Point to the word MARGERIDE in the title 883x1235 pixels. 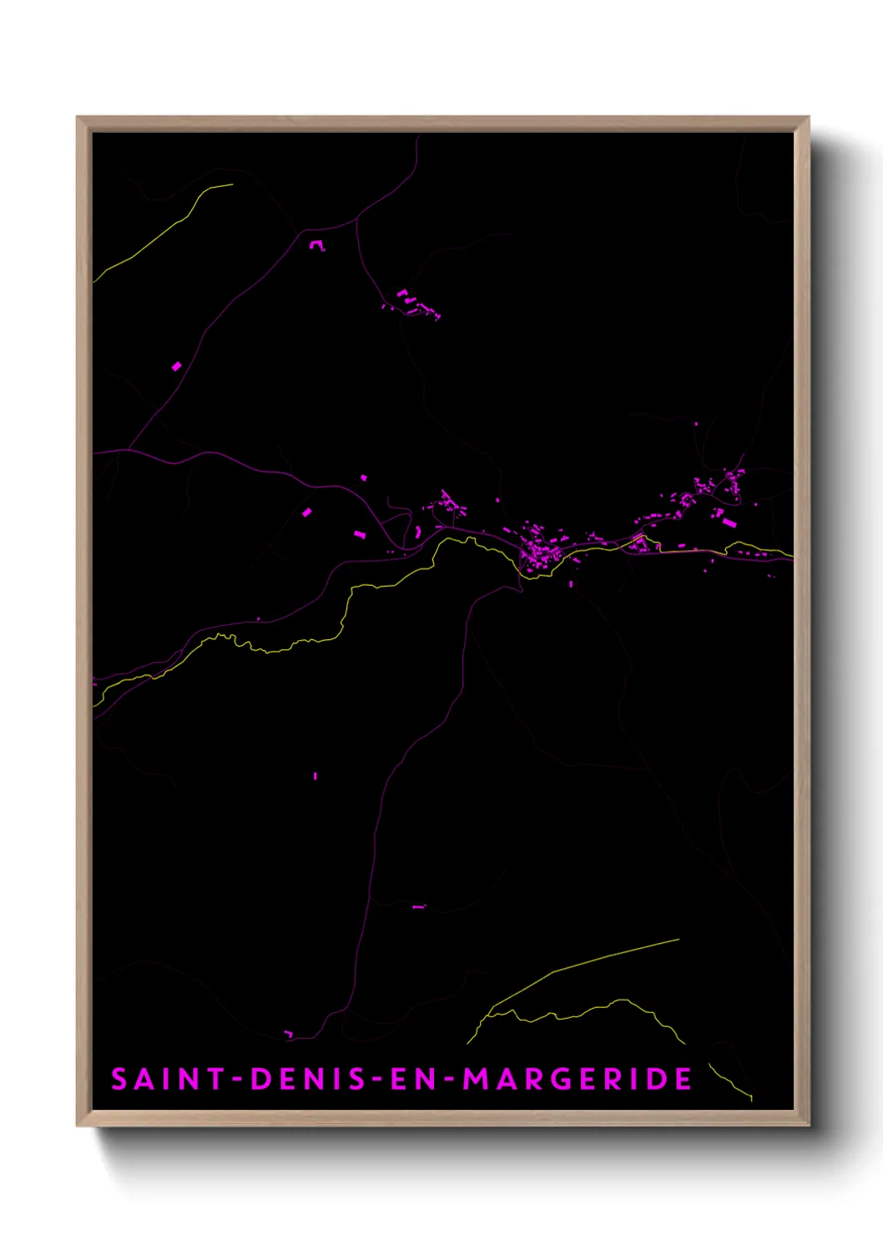tap(578, 1079)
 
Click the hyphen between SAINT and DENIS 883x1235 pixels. tap(237, 1080)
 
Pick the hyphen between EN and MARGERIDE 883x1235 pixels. tap(449, 1080)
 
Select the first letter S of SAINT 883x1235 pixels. tap(119, 1079)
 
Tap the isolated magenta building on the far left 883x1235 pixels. tap(176, 365)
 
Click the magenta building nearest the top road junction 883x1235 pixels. tap(316, 245)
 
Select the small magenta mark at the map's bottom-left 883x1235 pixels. tap(289, 1035)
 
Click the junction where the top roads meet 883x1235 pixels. tap(357, 219)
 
